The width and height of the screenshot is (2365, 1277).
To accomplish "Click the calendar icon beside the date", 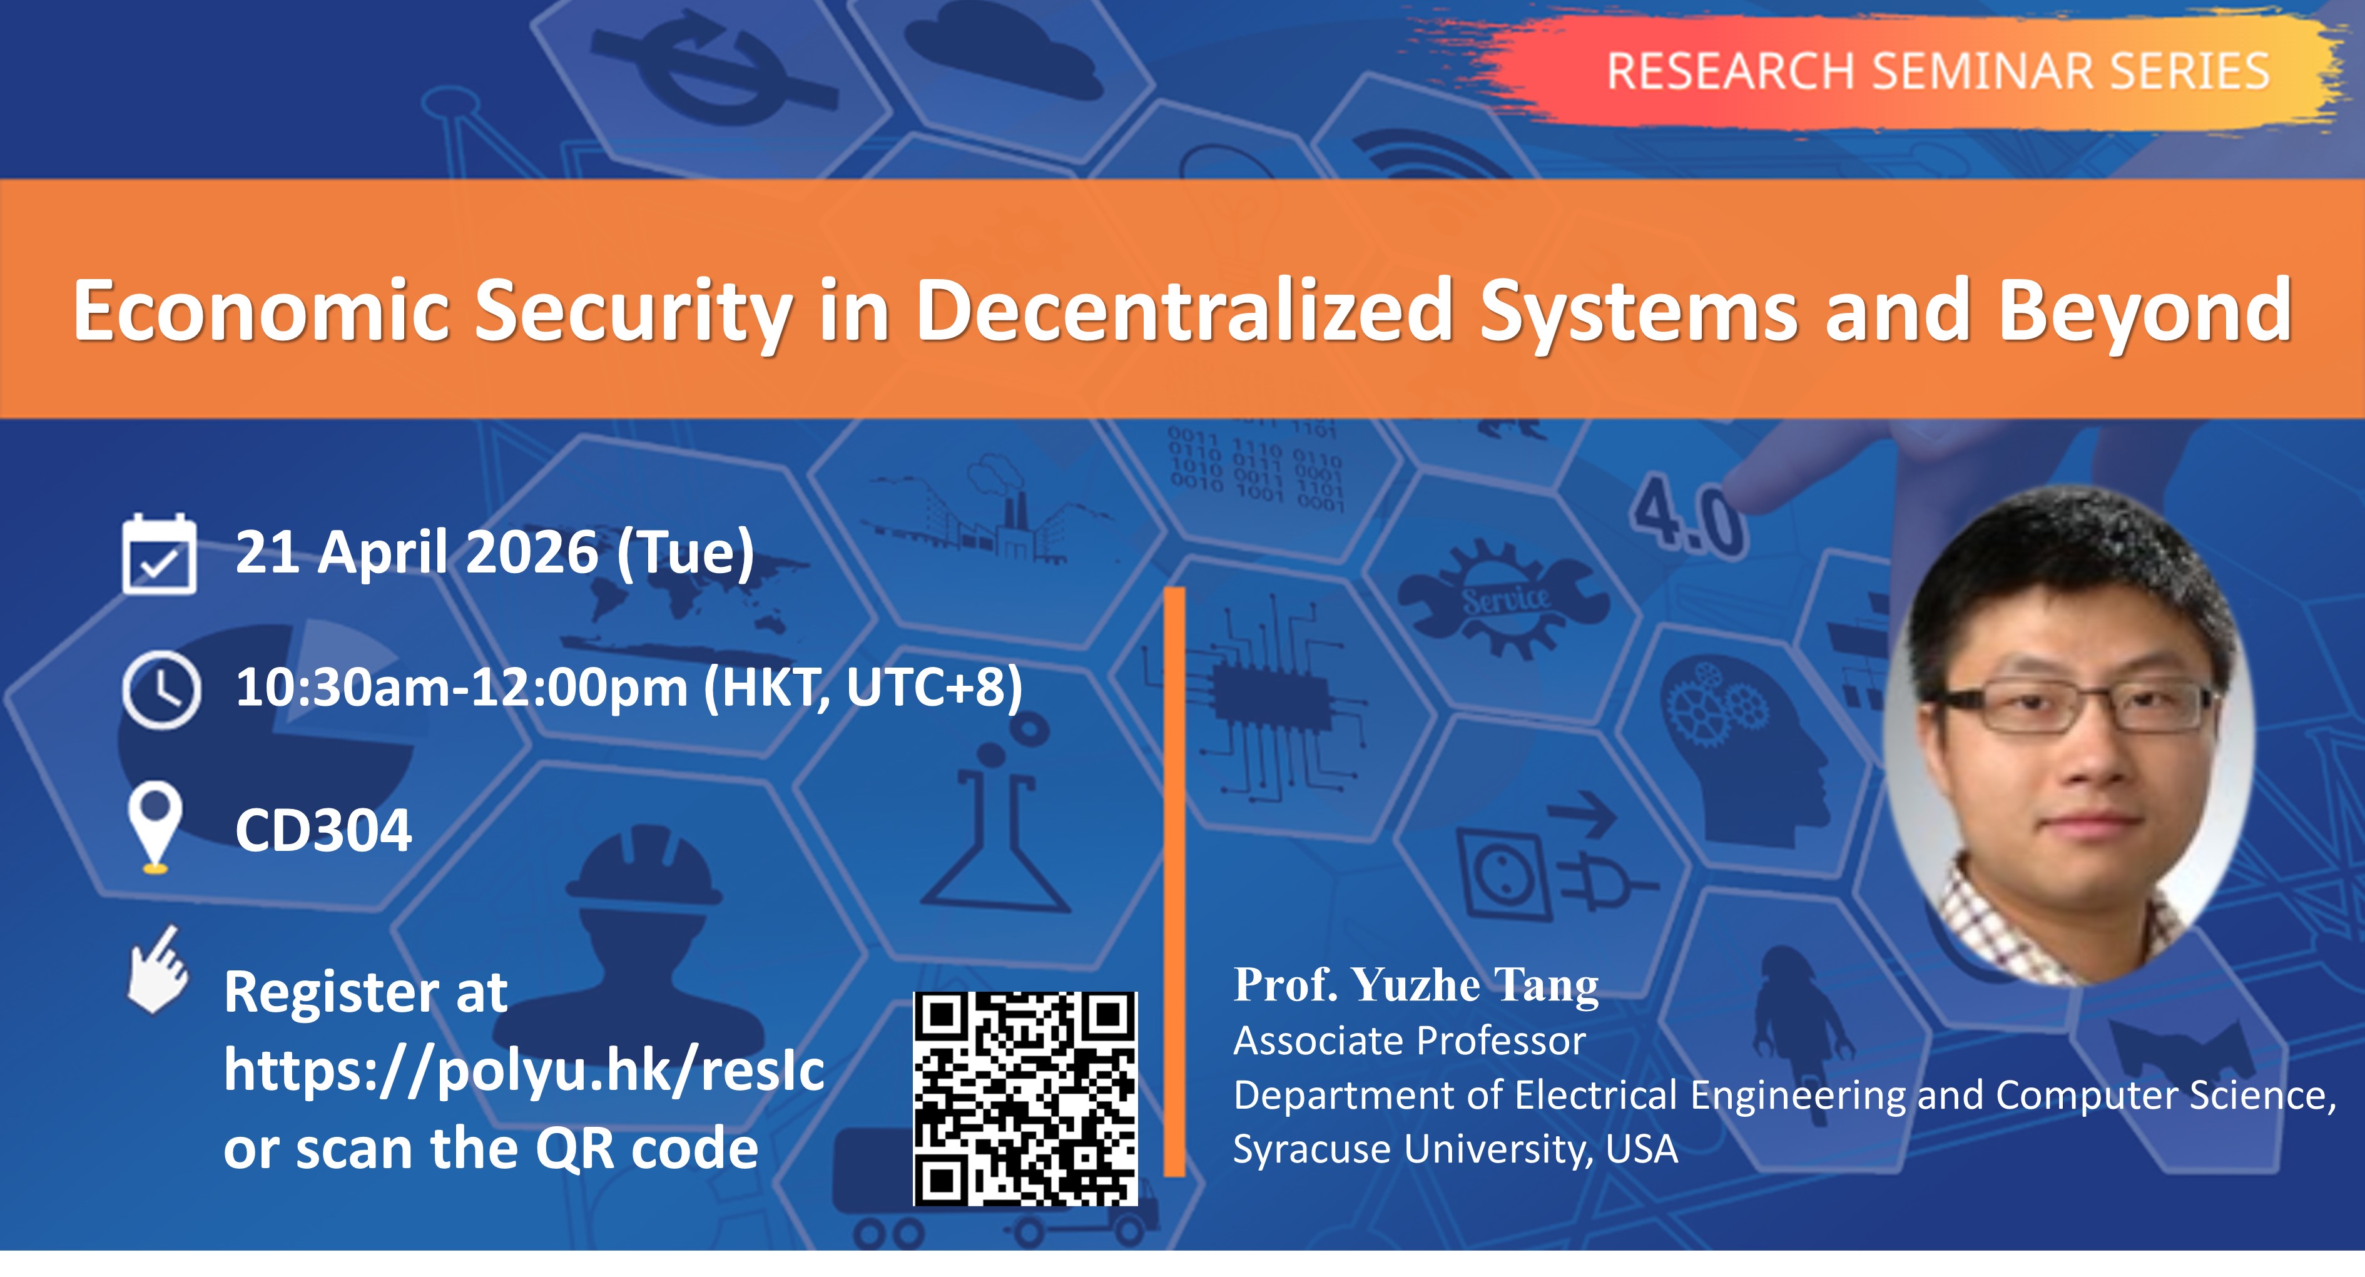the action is [159, 554].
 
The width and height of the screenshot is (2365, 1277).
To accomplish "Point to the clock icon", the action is [161, 689].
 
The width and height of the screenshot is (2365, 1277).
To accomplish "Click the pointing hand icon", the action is [158, 970].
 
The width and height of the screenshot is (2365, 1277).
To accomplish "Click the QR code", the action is [1025, 1098].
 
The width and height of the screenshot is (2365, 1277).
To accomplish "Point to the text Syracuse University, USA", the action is [1455, 1149].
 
